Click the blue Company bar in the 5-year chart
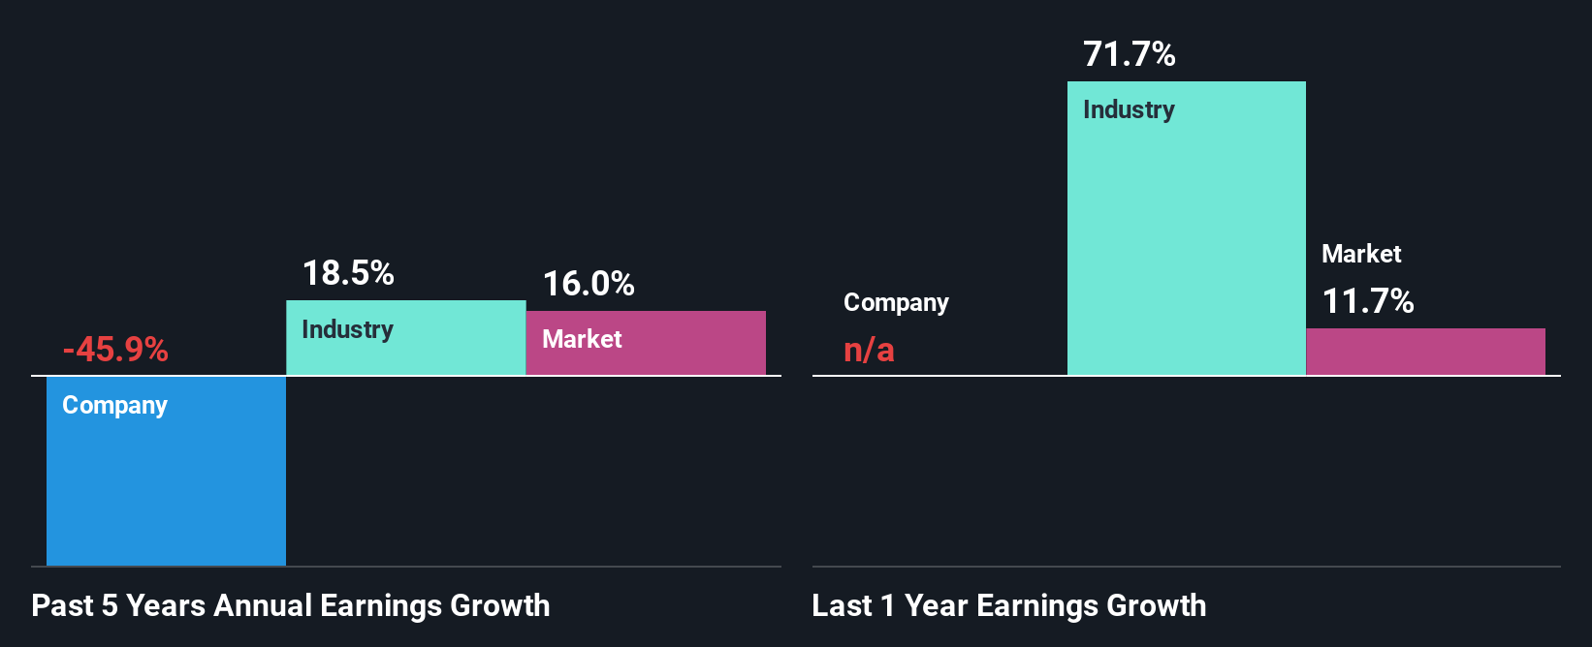pyautogui.click(x=166, y=484)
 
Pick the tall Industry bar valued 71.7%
pyautogui.click(x=1186, y=242)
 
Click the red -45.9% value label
pyautogui.click(x=115, y=349)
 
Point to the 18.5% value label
pyautogui.click(x=348, y=273)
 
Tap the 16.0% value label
pyautogui.click(x=589, y=284)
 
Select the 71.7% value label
pyautogui.click(x=1129, y=54)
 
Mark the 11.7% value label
pyautogui.click(x=1368, y=301)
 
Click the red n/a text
pyautogui.click(x=869, y=350)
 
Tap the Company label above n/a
pyautogui.click(x=896, y=302)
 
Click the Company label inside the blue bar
pyautogui.click(x=114, y=405)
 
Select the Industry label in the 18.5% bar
pyautogui.click(x=347, y=329)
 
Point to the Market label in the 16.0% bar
pyautogui.click(x=582, y=339)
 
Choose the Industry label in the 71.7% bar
pyautogui.click(x=1129, y=109)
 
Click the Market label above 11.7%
pyautogui.click(x=1361, y=254)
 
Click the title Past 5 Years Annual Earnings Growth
pyautogui.click(x=291, y=605)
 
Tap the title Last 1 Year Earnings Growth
pyautogui.click(x=1008, y=605)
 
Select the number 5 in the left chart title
pyautogui.click(x=110, y=605)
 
